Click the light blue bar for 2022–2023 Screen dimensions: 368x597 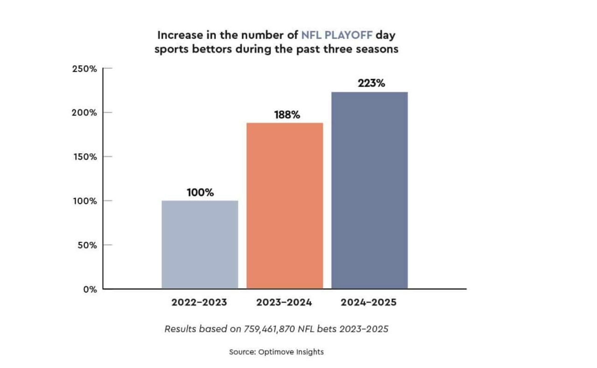point(200,245)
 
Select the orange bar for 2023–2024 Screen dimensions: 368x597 point(285,206)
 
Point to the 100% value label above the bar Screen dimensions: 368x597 point(200,192)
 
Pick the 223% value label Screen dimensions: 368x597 point(371,84)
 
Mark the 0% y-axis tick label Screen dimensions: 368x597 point(90,289)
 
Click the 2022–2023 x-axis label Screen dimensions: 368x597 point(199,302)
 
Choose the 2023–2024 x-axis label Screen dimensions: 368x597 point(284,302)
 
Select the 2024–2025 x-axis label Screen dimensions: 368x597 point(368,302)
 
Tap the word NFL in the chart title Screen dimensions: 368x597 point(312,35)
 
